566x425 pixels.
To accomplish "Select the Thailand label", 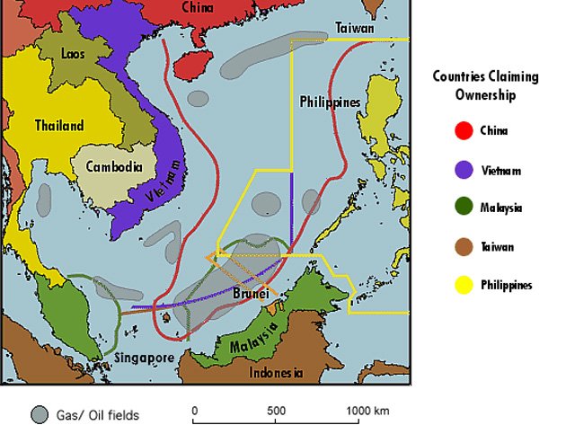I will [x=59, y=126].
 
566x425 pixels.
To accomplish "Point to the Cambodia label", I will [x=114, y=166].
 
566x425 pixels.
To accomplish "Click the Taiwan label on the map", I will [x=355, y=28].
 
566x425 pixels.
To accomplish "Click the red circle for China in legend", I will [x=464, y=131].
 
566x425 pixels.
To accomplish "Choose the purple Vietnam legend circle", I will [x=464, y=170].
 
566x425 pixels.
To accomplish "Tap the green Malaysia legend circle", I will [x=464, y=208].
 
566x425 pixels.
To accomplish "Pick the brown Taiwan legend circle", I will [x=464, y=246].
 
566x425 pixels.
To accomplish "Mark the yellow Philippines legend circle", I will [x=464, y=285].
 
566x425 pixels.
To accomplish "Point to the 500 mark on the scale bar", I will [x=277, y=411].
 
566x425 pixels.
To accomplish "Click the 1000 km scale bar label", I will [x=367, y=411].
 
